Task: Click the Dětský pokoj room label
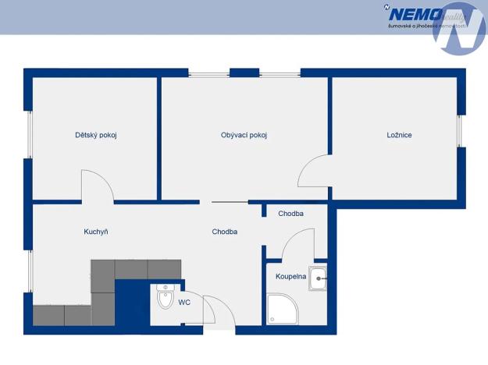point(96,135)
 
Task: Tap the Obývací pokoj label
point(244,135)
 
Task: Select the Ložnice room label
point(399,135)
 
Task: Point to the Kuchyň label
point(96,232)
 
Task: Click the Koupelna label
point(290,277)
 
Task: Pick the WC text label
point(184,302)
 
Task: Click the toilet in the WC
point(165,297)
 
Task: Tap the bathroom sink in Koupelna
point(318,278)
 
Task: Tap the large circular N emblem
point(460,28)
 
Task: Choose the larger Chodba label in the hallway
point(225,232)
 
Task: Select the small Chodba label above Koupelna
point(290,214)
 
